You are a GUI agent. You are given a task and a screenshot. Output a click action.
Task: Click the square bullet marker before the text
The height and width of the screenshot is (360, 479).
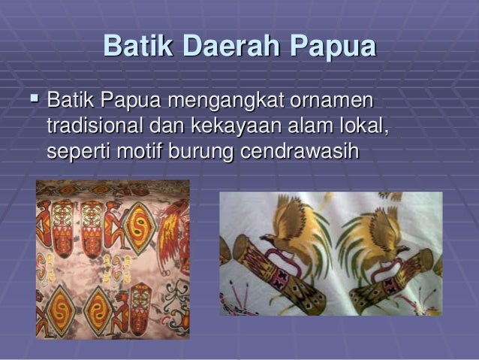[32, 98]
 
